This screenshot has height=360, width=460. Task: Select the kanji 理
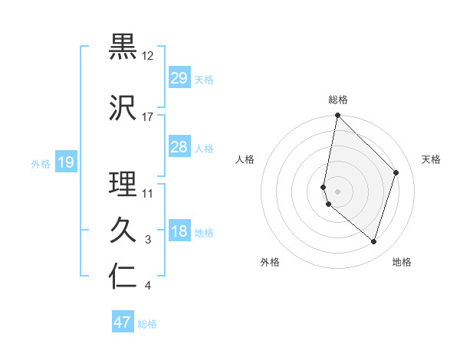[x=123, y=184]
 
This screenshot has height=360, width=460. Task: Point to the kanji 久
[x=123, y=230]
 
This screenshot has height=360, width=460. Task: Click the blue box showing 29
[x=179, y=78]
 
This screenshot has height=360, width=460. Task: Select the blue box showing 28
[x=179, y=147]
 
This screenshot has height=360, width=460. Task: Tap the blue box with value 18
[x=179, y=232]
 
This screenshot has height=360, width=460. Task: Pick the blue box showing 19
[x=65, y=162]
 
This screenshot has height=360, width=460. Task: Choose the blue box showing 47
[x=123, y=322]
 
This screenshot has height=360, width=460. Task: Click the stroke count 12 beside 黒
[x=148, y=56]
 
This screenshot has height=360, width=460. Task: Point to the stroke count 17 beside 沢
[x=148, y=117]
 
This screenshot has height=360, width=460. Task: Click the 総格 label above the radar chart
[x=338, y=100]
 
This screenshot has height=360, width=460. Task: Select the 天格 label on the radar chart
[x=432, y=159]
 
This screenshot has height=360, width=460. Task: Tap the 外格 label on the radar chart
[x=270, y=262]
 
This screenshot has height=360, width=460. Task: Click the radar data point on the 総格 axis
[x=337, y=116]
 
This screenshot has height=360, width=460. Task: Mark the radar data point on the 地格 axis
[x=373, y=241]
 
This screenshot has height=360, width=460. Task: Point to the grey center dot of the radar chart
[x=337, y=191]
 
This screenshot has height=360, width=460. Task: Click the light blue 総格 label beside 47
[x=147, y=324]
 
